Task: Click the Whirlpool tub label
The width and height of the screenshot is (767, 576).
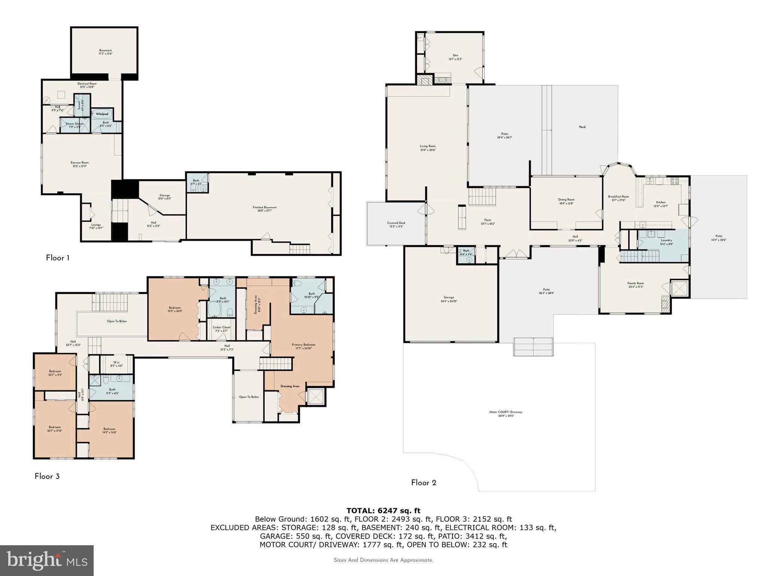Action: [102, 114]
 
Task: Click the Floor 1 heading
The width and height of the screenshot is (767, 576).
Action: [57, 258]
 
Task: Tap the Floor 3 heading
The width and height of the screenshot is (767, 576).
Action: [47, 477]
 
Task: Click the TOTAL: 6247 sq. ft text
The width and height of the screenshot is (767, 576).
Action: [383, 510]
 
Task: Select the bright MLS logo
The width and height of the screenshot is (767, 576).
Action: [47, 560]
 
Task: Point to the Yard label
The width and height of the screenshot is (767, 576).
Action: [582, 127]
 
